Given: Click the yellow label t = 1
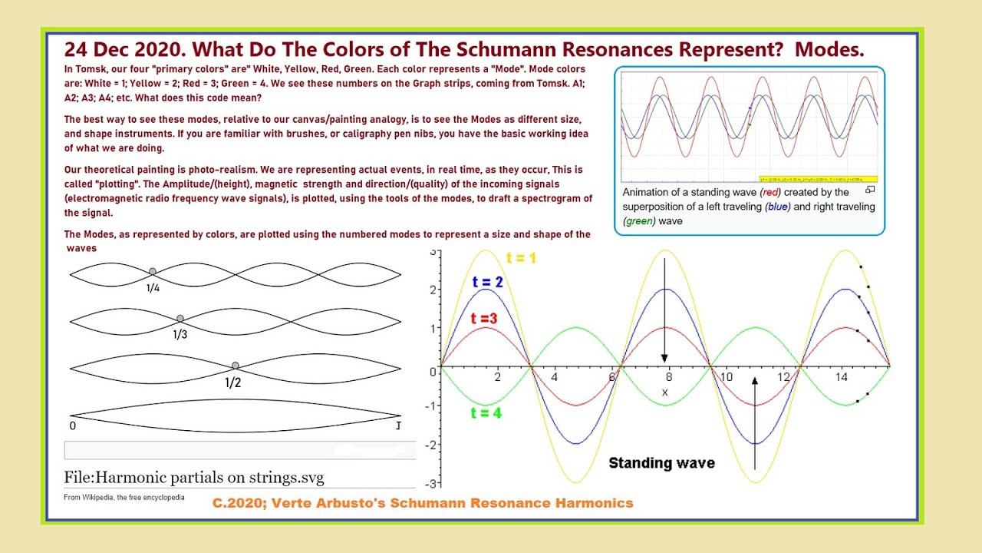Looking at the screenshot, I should pos(521,258).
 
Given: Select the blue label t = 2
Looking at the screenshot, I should pos(487,283).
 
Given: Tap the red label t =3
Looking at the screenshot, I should pos(484,318).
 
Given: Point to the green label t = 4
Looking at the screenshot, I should pos(486,412).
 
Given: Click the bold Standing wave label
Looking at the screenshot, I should pos(661,463).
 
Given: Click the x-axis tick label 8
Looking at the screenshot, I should pos(669,377).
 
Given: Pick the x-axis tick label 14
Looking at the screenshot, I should pos(842,377).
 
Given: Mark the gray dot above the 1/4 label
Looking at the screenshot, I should pos(153,271).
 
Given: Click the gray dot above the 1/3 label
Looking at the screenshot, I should pos(180,318).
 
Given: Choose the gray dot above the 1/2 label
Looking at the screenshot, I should pos(236,366).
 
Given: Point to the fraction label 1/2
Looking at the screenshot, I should pos(233,382).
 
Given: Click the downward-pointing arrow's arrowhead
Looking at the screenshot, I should pos(664,358).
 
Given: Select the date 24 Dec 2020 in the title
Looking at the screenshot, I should pos(122,50).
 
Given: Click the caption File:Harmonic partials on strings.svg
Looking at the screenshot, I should pos(194,478).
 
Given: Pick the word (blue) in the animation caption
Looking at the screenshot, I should pos(779,207).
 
